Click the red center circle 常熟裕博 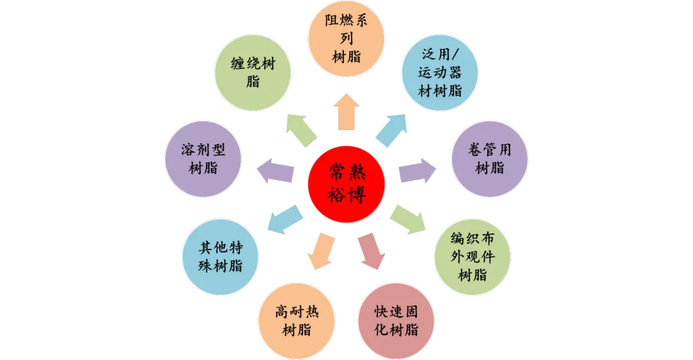[346, 182]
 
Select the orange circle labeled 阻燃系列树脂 [346, 39]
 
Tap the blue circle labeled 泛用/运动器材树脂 [440, 73]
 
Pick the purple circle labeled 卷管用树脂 [490, 159]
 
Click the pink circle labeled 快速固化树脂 [397, 320]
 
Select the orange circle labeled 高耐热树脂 [296, 320]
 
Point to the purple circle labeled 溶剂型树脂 [203, 159]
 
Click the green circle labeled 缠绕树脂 [252, 73]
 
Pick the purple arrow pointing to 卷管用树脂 [416, 172]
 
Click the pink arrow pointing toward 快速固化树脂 [372, 251]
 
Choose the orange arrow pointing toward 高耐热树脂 [321, 251]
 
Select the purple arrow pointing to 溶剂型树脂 [276, 172]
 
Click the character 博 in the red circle [357, 194]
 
